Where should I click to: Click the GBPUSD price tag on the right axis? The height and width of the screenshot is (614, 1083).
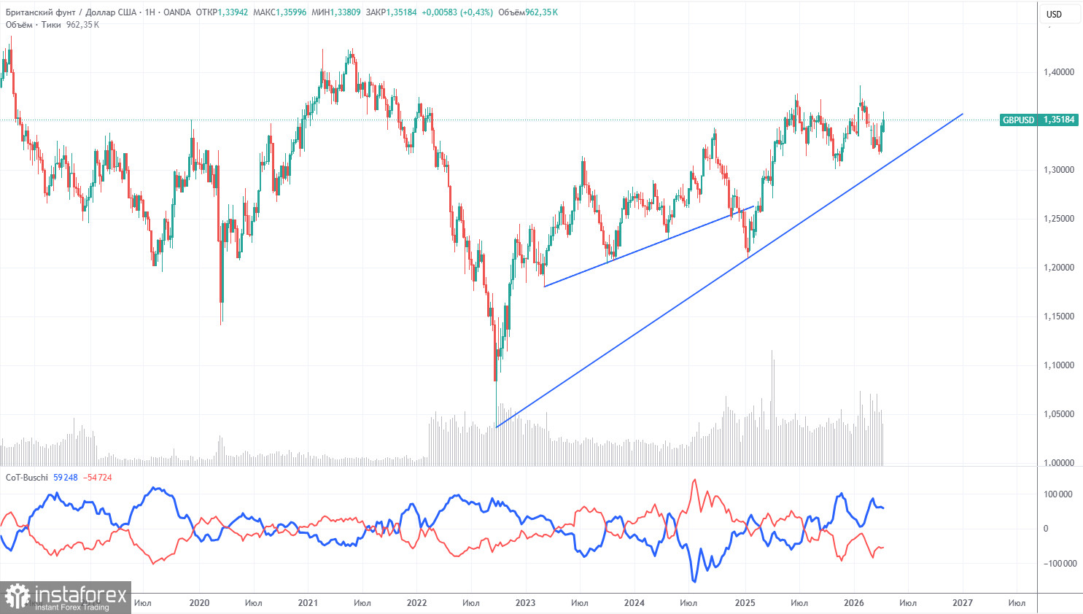[x=1039, y=120]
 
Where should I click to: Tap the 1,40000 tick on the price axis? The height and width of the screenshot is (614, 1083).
[x=1058, y=72]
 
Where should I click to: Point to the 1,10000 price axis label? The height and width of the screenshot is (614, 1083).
[x=1058, y=365]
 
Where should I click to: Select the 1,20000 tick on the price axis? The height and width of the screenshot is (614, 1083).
[x=1058, y=268]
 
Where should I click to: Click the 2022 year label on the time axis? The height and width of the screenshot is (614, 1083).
[x=416, y=603]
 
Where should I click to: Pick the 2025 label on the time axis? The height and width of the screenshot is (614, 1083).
[x=745, y=603]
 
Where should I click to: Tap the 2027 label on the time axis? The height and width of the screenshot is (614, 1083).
[x=962, y=603]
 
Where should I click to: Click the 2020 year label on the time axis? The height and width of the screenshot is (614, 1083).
[x=199, y=603]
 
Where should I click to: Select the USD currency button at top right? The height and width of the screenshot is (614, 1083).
[x=1054, y=14]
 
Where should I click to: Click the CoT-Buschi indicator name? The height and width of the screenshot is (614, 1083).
[x=27, y=478]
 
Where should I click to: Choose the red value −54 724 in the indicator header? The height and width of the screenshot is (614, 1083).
[x=98, y=478]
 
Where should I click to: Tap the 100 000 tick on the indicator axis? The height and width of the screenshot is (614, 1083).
[x=1057, y=494]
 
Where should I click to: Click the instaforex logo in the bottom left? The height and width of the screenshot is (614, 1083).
[x=66, y=597]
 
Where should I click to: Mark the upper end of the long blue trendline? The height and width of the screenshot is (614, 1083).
[x=963, y=114]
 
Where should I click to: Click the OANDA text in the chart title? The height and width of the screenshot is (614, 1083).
[x=177, y=12]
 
